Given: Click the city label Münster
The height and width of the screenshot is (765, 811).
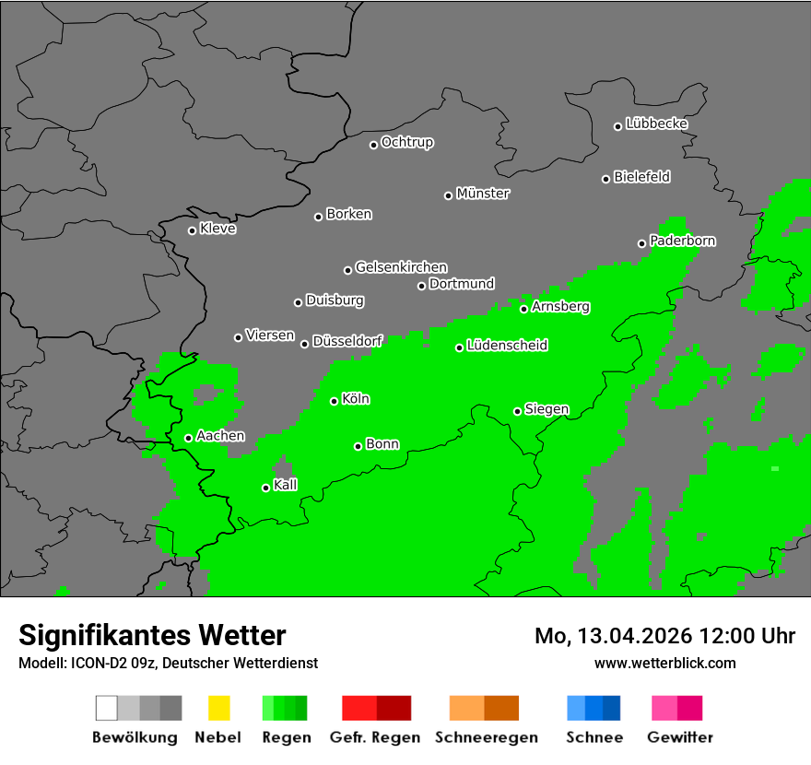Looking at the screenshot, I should tap(483, 194).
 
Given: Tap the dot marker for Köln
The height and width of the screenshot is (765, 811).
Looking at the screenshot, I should tap(335, 401).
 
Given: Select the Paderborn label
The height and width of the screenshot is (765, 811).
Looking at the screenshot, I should tap(683, 241).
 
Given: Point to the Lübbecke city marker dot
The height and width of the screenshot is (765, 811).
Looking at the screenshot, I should tap(618, 126).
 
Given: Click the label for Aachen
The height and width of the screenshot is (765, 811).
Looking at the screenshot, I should tap(220, 435).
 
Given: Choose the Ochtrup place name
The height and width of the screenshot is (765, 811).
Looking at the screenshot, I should tap(407, 142).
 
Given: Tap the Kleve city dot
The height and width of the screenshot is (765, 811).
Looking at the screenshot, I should tap(192, 230).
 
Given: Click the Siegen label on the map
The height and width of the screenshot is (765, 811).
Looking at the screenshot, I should tap(547, 409).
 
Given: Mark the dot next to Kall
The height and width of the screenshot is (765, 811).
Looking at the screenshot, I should tap(265, 488).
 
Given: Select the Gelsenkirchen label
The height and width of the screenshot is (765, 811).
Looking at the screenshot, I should tap(401, 267).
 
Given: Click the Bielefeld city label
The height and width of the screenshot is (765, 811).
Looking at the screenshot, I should tap(642, 176).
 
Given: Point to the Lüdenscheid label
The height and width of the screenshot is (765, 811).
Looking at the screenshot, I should tap(507, 346).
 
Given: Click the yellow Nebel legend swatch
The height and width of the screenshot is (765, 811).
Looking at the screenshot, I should tap(218, 708).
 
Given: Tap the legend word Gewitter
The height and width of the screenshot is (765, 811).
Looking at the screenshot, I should tap(680, 737).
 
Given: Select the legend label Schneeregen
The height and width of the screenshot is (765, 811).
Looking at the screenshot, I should tap(487, 737).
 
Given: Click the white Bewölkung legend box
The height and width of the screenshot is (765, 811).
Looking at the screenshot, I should tap(107, 708).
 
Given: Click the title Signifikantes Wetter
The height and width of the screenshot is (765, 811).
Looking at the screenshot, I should tap(152, 635).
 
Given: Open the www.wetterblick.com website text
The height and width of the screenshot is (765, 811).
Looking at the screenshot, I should tap(665, 663).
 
